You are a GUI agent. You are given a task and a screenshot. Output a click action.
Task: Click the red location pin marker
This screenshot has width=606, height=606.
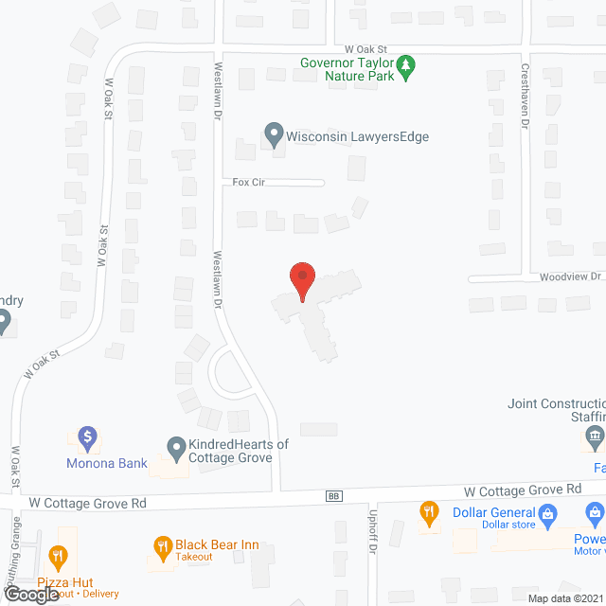(301, 281)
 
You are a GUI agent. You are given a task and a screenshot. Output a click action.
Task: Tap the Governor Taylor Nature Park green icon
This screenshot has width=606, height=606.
(406, 65)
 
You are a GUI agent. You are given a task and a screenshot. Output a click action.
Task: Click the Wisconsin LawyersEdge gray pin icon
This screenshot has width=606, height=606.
(274, 135)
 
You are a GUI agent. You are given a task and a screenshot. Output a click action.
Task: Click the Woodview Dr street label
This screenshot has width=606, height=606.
(571, 276)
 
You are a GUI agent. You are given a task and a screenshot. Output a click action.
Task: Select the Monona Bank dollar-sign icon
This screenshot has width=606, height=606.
(87, 437)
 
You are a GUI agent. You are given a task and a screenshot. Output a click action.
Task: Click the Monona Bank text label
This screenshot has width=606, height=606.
(106, 463)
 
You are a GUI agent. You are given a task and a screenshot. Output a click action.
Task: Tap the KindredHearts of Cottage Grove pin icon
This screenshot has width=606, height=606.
(175, 445)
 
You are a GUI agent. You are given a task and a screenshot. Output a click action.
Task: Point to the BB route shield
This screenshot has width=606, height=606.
(333, 495)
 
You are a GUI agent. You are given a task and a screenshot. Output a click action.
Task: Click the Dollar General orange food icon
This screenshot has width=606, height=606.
(428, 513)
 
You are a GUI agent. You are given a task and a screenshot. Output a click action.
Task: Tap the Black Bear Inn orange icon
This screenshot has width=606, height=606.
(162, 546)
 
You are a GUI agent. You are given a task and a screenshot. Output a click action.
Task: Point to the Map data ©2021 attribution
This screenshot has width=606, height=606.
(563, 598)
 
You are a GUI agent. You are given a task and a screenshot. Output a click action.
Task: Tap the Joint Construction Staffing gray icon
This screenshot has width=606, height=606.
(594, 437)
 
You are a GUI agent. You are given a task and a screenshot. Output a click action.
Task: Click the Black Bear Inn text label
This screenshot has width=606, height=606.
(217, 545)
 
